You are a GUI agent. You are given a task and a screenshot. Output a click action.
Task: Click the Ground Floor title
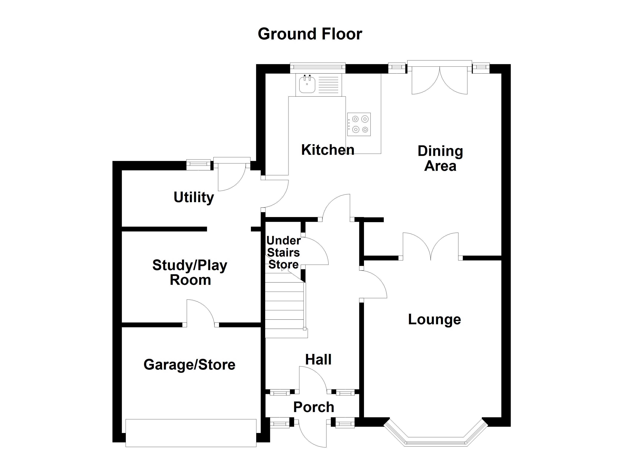point(310,34)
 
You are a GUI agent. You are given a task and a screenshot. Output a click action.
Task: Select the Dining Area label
point(440,159)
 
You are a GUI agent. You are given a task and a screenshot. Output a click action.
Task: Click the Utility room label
point(194,197)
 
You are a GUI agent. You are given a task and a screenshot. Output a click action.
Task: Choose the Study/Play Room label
point(190,273)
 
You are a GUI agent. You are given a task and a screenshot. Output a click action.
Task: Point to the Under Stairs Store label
point(284,253)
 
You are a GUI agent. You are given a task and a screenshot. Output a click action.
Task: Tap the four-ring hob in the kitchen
point(359,124)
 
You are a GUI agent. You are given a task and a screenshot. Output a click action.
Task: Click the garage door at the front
point(191,433)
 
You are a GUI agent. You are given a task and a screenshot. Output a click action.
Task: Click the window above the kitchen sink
point(318,68)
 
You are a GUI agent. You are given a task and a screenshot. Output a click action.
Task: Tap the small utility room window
point(198,165)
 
